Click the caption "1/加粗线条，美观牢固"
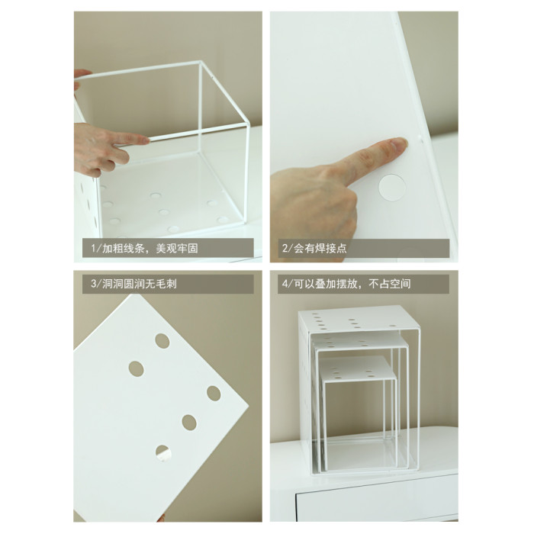[x=144, y=248]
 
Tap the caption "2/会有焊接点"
[x=314, y=248]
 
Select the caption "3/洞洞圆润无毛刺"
[x=133, y=284]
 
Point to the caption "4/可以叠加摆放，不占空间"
[x=346, y=284]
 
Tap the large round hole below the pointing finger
[x=392, y=188]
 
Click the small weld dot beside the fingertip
[x=420, y=139]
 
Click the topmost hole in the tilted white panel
[x=162, y=341]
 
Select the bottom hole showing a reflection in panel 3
[x=163, y=453]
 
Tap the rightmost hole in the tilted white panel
[x=214, y=394]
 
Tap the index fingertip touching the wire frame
[x=145, y=139]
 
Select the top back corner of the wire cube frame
[x=200, y=63]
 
